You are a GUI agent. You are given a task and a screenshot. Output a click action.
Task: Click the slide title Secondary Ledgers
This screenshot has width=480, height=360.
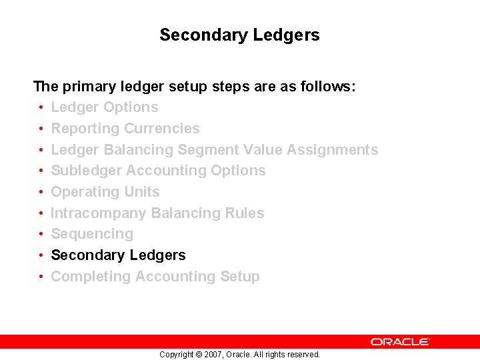pos(239,35)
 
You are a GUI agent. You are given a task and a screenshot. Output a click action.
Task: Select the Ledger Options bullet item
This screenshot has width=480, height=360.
pos(105,107)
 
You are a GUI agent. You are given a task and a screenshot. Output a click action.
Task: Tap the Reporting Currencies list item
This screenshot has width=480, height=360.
pos(125,129)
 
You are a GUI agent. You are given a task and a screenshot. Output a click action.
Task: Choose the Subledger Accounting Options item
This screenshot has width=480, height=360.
pos(158,171)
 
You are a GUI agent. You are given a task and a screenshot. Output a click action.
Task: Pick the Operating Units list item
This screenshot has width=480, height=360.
pos(105,192)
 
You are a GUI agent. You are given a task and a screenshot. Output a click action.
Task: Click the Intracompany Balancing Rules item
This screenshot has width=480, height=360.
pos(157,213)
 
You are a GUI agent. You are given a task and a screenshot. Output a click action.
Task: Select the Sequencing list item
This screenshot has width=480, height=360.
pos(92,234)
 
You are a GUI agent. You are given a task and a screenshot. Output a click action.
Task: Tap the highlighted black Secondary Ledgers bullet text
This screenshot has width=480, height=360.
pos(118,255)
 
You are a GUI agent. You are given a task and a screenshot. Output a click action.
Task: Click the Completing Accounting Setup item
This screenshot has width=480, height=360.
pos(155,277)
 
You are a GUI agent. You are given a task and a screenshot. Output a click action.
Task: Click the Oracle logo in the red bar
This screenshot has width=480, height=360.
pos(400,341)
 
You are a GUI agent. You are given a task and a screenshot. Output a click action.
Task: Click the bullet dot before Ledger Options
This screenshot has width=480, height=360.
pos(41,108)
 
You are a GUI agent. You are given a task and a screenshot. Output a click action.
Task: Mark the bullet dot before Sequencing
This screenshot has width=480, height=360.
pos(41,235)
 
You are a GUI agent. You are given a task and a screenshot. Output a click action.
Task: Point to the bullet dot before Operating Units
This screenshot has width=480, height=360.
pos(41,192)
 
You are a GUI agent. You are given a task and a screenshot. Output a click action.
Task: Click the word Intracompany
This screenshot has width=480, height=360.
pos(99,213)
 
